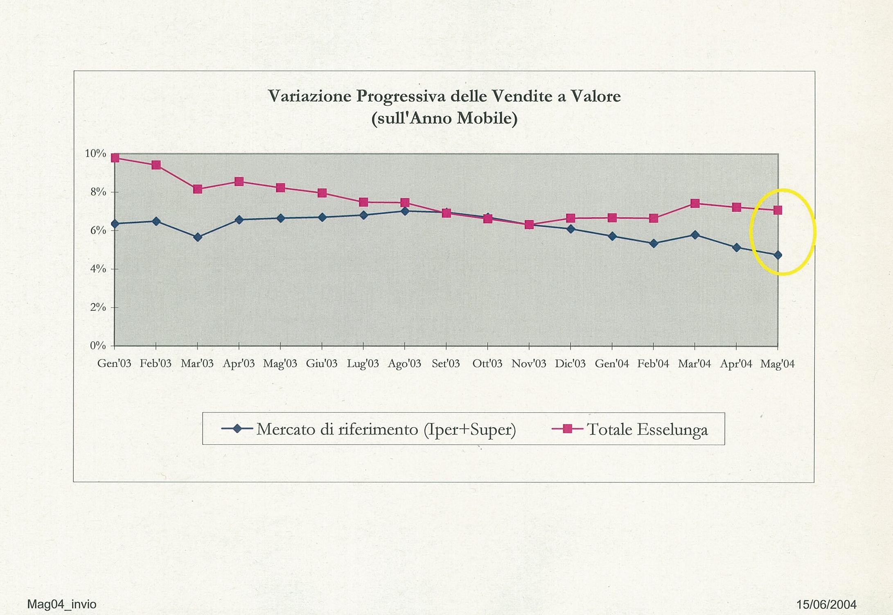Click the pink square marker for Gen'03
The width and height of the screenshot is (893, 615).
[x=115, y=158]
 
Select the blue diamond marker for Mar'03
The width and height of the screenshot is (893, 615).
[x=198, y=237]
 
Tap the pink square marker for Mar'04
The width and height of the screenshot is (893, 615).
[x=695, y=203]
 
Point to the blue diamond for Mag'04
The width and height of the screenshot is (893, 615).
[x=778, y=255]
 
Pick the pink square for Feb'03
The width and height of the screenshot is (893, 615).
[x=156, y=165]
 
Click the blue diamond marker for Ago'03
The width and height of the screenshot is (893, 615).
[x=405, y=211]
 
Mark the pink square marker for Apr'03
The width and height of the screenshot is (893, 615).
[x=239, y=181]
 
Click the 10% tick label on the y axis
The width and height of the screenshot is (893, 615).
[x=95, y=154]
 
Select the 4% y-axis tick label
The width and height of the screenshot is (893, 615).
[x=98, y=269]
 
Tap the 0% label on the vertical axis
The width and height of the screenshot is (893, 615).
[x=98, y=346]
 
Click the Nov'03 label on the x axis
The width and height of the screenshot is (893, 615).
[x=529, y=364]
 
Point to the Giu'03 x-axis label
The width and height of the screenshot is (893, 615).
[x=322, y=364]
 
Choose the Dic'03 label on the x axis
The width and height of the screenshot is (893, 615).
[x=570, y=364]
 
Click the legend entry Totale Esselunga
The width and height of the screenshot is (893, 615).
[x=647, y=429]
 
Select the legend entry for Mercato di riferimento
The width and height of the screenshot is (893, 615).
[x=386, y=429]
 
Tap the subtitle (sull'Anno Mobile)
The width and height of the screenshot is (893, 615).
[x=444, y=118]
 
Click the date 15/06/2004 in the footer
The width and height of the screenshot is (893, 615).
[x=826, y=604]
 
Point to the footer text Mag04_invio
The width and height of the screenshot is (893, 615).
[x=62, y=604]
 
